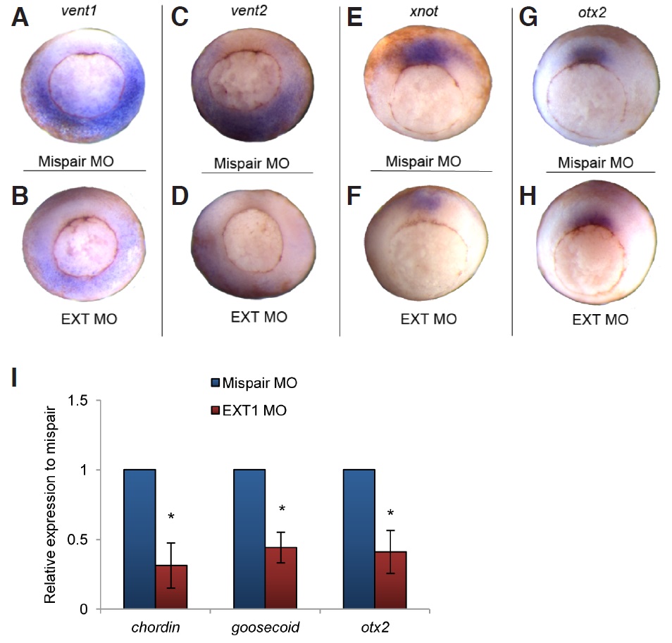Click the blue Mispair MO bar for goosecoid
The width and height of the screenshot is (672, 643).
click(x=249, y=539)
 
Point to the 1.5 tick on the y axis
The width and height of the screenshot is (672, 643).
click(x=78, y=401)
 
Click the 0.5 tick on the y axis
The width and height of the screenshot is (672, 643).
click(x=78, y=540)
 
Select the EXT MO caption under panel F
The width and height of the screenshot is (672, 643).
click(x=428, y=318)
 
